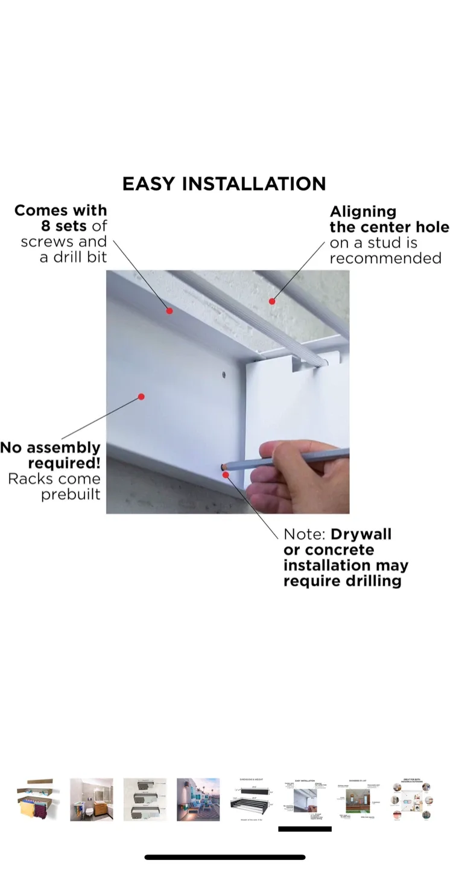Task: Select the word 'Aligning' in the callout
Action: click(x=363, y=212)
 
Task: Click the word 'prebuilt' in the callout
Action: click(x=71, y=495)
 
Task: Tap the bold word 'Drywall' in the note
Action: click(x=361, y=535)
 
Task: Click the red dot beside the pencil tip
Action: click(x=226, y=475)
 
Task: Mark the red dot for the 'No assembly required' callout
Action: click(x=141, y=396)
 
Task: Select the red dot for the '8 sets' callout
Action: click(x=170, y=311)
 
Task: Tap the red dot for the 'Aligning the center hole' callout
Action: click(x=272, y=301)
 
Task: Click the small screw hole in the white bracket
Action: click(x=223, y=374)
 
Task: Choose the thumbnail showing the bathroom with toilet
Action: click(x=91, y=799)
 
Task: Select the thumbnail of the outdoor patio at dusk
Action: click(x=198, y=799)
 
